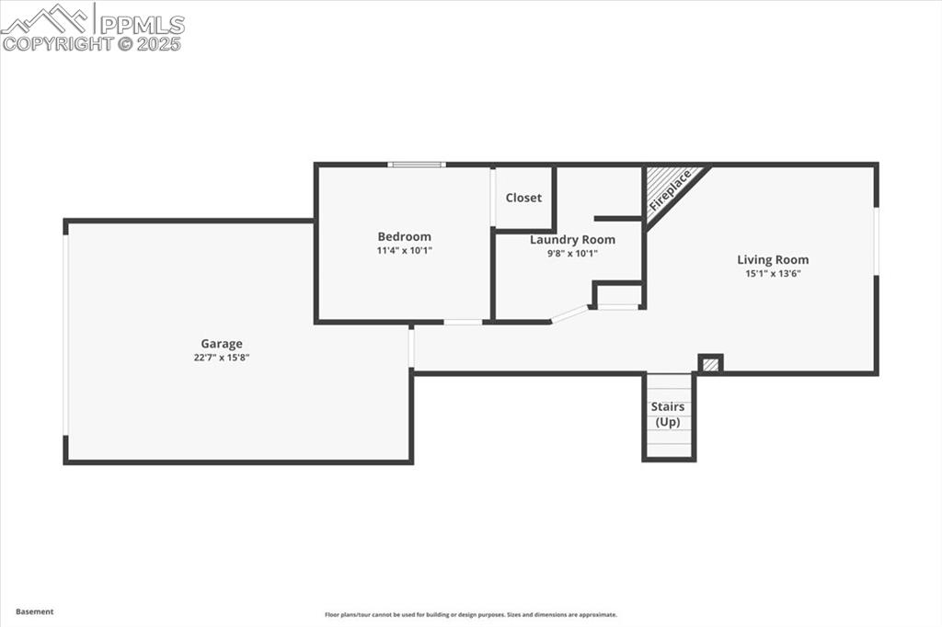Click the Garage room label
point(222,344)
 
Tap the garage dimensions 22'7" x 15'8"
point(222,358)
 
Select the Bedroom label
point(404,236)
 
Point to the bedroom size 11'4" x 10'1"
point(404,250)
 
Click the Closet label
point(523,198)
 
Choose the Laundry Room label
point(572,240)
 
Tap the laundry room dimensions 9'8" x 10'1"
point(572,254)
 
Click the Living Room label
point(773,259)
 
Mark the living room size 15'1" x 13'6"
point(773,273)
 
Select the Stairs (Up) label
point(668,414)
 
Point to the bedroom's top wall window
point(416,165)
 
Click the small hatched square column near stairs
point(710,364)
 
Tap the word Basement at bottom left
point(35,611)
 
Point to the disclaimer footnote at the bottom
point(470,615)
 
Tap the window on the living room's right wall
point(876,241)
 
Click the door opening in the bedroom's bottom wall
point(463,322)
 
